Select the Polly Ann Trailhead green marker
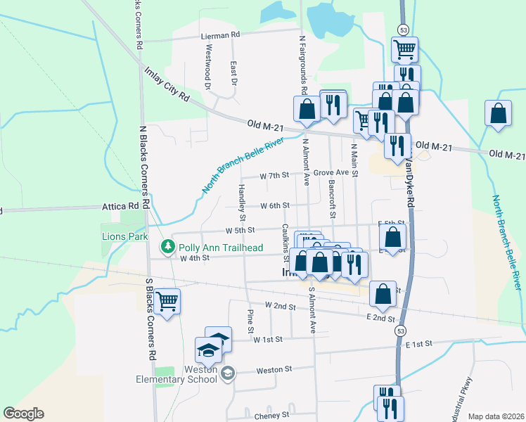[167, 247]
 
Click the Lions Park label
[125, 237]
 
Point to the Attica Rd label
[121, 207]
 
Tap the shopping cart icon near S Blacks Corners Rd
[167, 302]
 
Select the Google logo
[23, 414]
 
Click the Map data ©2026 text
[496, 416]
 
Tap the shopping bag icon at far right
[498, 114]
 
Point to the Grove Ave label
[331, 172]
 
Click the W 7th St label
[274, 175]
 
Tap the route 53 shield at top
[402, 30]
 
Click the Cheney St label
[271, 416]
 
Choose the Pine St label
[250, 321]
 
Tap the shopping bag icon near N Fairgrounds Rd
[307, 110]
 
